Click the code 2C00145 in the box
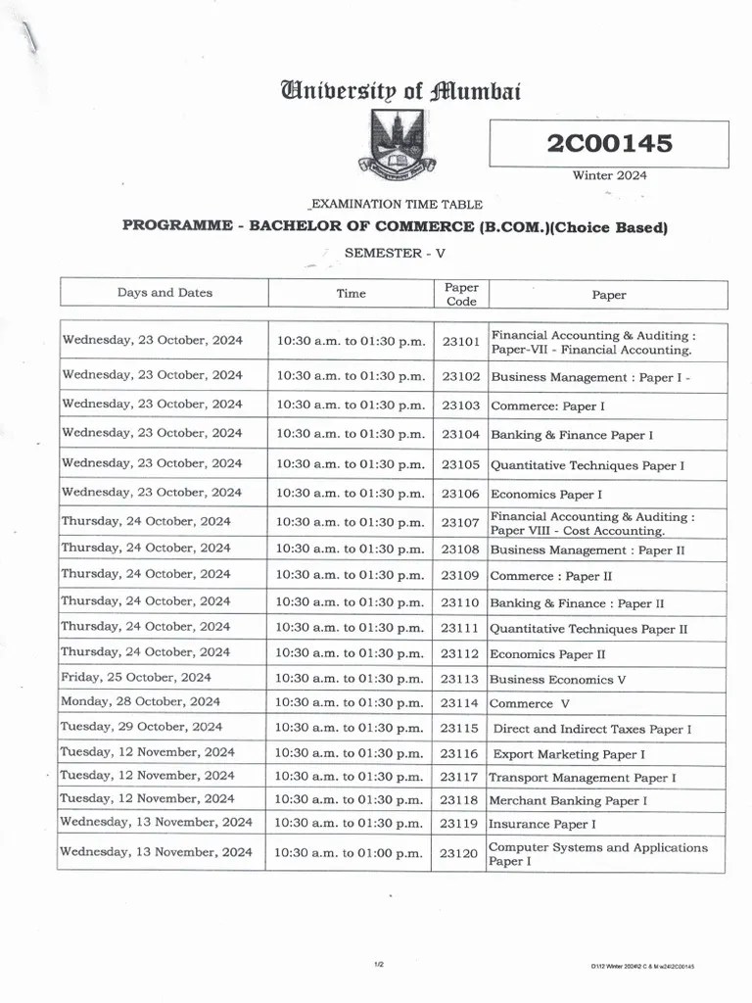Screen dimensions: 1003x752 point(609,144)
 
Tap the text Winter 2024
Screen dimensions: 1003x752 point(609,175)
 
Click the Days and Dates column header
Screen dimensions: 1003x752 point(164,293)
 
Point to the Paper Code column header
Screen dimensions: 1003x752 point(461,294)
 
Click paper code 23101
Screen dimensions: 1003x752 point(460,342)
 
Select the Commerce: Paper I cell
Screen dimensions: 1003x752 point(547,406)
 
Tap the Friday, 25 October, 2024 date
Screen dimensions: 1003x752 point(135,677)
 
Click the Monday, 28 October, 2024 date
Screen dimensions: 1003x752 point(140,701)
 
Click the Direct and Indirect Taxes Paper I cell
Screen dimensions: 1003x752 point(592,729)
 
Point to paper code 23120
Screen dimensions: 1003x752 point(458,853)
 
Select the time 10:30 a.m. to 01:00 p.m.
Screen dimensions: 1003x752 point(349,853)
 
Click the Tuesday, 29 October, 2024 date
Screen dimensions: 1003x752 point(141,727)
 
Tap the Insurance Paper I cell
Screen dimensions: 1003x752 point(541,825)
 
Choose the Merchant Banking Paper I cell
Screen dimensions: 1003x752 point(568,800)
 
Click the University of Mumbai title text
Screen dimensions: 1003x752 point(400,92)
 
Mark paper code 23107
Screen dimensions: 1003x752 point(460,523)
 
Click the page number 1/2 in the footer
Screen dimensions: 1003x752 point(378,965)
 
